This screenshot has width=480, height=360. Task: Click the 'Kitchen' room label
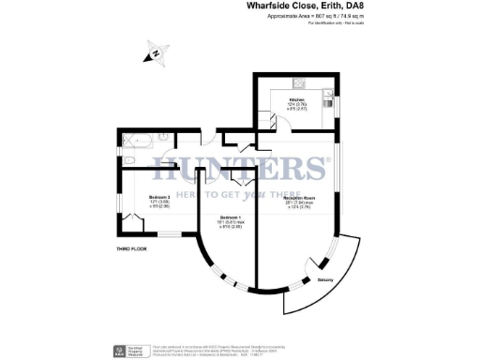[296, 100]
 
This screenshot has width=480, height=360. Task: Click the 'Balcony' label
[327, 279]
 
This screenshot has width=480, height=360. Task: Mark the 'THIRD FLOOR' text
[134, 248]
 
